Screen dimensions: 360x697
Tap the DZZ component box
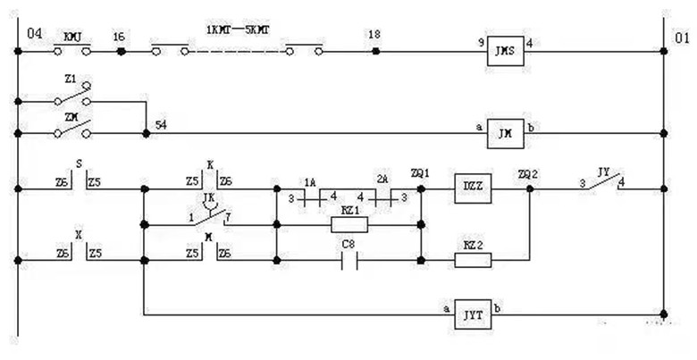[x=473, y=188]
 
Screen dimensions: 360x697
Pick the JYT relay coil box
[x=474, y=314]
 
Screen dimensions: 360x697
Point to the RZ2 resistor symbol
[x=473, y=261]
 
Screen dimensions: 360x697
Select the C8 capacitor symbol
[x=348, y=261]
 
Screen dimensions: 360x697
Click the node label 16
[x=119, y=37]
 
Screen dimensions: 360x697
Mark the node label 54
[x=161, y=123]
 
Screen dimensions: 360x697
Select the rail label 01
[x=682, y=38]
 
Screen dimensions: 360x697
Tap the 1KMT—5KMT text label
[x=238, y=29]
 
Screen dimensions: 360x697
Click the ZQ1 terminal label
[x=419, y=172]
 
